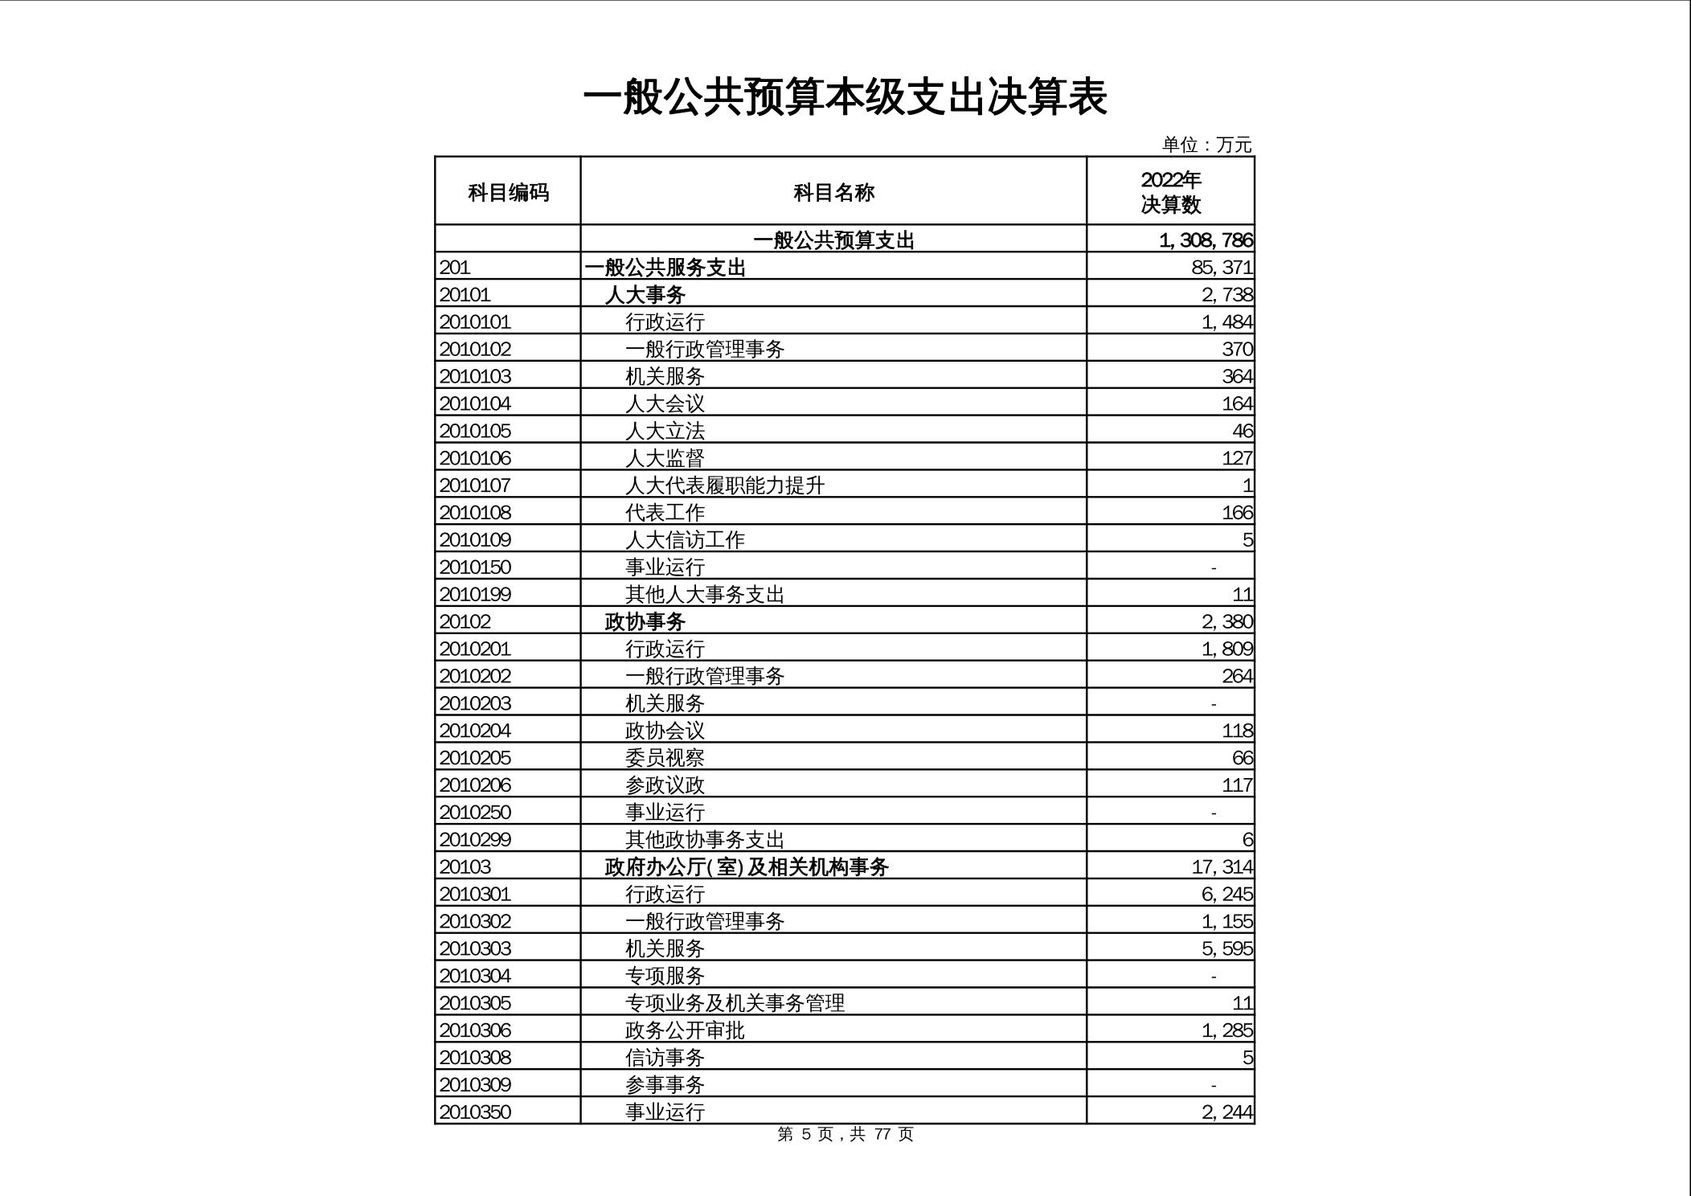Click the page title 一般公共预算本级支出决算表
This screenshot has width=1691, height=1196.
[845, 98]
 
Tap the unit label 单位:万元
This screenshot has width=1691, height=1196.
[1206, 145]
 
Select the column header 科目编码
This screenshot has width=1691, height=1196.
[508, 192]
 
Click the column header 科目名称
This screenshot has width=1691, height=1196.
[833, 192]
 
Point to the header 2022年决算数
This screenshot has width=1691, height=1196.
[1170, 192]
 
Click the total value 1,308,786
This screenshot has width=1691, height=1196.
[1206, 240]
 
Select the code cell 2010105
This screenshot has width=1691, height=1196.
[475, 431]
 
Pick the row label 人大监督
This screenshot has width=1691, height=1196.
[665, 458]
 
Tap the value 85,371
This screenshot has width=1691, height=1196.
[1222, 268]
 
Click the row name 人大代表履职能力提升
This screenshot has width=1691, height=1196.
[725, 485]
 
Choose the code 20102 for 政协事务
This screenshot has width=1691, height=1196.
[465, 621]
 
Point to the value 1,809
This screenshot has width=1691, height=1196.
[1226, 649]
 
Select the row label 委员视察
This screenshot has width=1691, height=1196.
[665, 758]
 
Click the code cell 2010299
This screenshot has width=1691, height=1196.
[475, 839]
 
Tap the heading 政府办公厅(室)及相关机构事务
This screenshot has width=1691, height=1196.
[746, 866]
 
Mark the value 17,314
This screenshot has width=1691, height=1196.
[1222, 866]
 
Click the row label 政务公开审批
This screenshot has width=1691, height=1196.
[685, 1030]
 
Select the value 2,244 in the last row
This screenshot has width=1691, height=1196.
[1226, 1112]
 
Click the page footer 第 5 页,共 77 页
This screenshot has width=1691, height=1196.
[845, 1134]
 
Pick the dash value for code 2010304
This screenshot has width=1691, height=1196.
[1213, 977]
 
